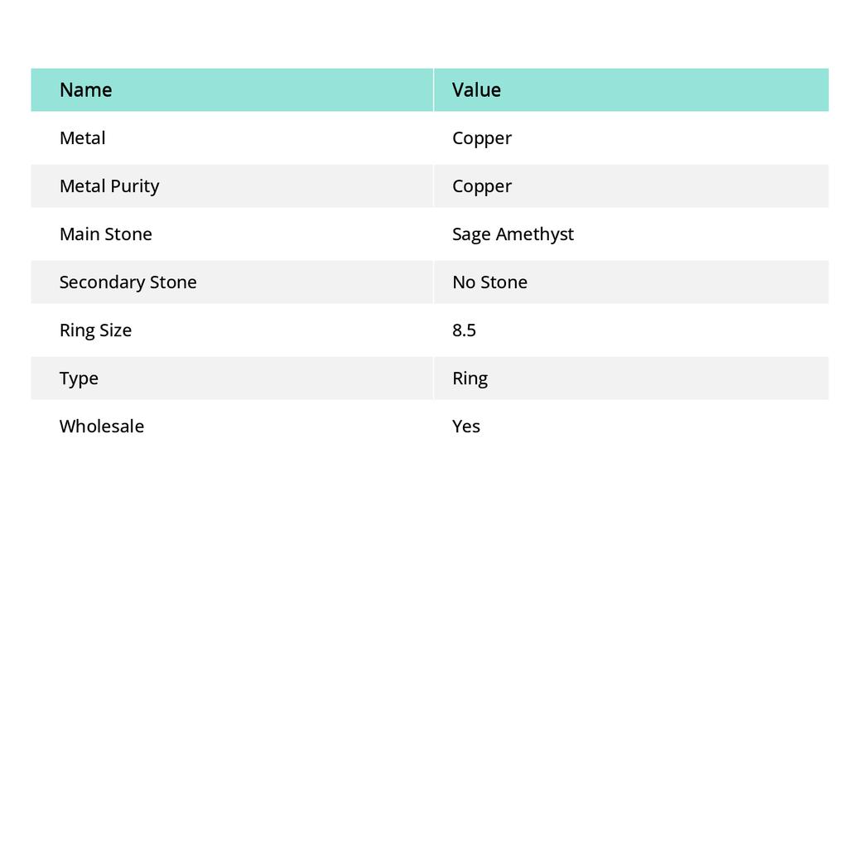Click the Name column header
point(85,89)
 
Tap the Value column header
point(476,89)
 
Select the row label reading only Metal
point(82,137)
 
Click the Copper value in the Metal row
point(482,138)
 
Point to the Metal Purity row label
point(108,185)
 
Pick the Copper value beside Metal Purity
point(482,186)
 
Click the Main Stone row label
point(105,234)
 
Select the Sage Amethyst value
point(513,234)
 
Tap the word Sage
point(471,234)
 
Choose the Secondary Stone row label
point(128,282)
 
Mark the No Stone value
point(489,282)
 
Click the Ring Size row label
point(95,330)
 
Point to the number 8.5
point(464,330)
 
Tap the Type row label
point(79,378)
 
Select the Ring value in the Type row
point(470,378)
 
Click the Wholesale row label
point(101,426)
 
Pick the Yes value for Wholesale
point(466,426)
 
